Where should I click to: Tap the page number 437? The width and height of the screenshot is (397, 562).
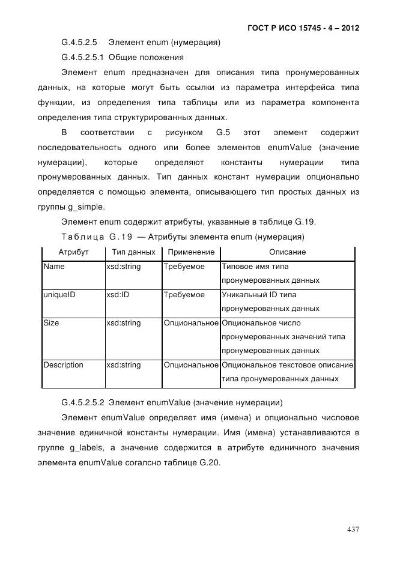[353, 529]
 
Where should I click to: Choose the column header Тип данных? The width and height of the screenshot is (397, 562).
[133, 252]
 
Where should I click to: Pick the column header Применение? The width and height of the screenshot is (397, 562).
[191, 252]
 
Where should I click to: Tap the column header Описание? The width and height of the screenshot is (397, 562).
[287, 252]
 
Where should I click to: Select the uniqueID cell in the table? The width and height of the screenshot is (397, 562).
[59, 295]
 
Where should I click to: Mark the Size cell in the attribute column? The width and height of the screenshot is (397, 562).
[51, 323]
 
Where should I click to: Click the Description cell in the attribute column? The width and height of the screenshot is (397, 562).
[64, 365]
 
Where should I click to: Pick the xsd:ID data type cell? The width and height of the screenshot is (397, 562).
[118, 295]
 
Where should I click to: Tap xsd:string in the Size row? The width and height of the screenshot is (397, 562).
[123, 323]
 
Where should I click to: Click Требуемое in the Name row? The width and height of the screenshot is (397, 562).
[184, 267]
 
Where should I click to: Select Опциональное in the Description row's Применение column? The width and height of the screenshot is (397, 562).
[191, 365]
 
